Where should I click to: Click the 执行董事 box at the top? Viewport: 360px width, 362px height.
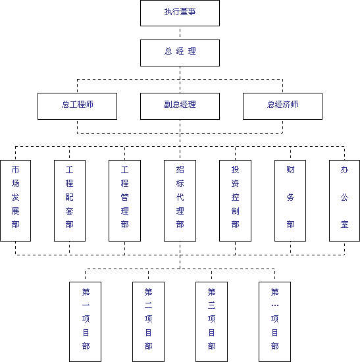pyautogui.click(x=180, y=13)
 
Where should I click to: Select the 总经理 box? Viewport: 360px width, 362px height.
pyautogui.click(x=180, y=53)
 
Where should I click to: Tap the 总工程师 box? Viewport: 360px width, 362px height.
pyautogui.click(x=78, y=106)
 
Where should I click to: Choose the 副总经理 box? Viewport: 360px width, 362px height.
pyautogui.click(x=180, y=106)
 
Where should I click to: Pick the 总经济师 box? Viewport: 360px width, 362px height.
pyautogui.click(x=282, y=106)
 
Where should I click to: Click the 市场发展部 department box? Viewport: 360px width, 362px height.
pyautogui.click(x=16, y=201)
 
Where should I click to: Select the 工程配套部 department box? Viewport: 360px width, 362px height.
pyautogui.click(x=70, y=201)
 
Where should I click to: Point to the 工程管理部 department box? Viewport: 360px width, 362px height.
pyautogui.click(x=124, y=201)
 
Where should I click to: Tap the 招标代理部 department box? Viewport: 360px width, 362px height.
pyautogui.click(x=180, y=201)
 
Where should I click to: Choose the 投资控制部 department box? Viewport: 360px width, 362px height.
pyautogui.click(x=236, y=201)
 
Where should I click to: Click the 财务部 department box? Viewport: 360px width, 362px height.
pyautogui.click(x=290, y=201)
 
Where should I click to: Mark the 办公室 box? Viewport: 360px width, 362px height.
pyautogui.click(x=344, y=201)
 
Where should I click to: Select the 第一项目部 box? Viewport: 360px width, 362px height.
pyautogui.click(x=85, y=322)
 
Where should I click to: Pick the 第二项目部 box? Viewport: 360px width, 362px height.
pyautogui.click(x=149, y=322)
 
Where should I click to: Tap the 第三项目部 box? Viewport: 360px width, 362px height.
pyautogui.click(x=211, y=322)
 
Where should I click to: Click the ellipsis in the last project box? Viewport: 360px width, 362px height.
pyautogui.click(x=275, y=305)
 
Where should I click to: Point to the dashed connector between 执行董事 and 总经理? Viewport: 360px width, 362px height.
pyautogui.click(x=180, y=33)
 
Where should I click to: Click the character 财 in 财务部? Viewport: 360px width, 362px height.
pyautogui.click(x=290, y=170)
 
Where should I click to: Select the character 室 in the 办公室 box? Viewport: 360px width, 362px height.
pyautogui.click(x=344, y=224)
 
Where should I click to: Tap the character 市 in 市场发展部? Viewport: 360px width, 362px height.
pyautogui.click(x=16, y=170)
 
